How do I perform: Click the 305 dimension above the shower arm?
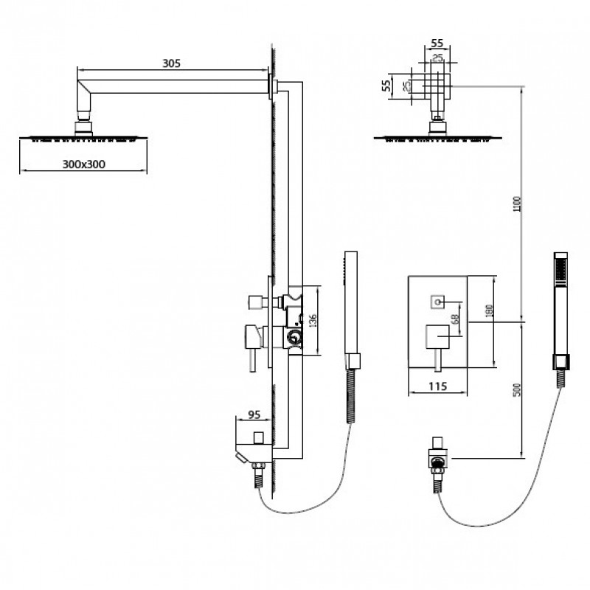(171, 63)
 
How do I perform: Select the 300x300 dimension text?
(83, 164)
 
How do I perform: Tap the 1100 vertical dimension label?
(518, 204)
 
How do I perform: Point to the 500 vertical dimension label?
(518, 389)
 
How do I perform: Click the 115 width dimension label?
(437, 386)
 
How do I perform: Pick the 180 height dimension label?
(490, 310)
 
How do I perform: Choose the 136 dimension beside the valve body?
(313, 320)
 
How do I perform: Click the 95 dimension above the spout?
(254, 414)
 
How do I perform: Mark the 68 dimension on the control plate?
(455, 319)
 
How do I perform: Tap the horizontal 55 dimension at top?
(437, 44)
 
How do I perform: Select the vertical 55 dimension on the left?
(386, 86)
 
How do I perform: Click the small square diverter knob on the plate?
(437, 302)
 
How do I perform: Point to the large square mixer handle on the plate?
(437, 337)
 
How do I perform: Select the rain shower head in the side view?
(83, 139)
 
